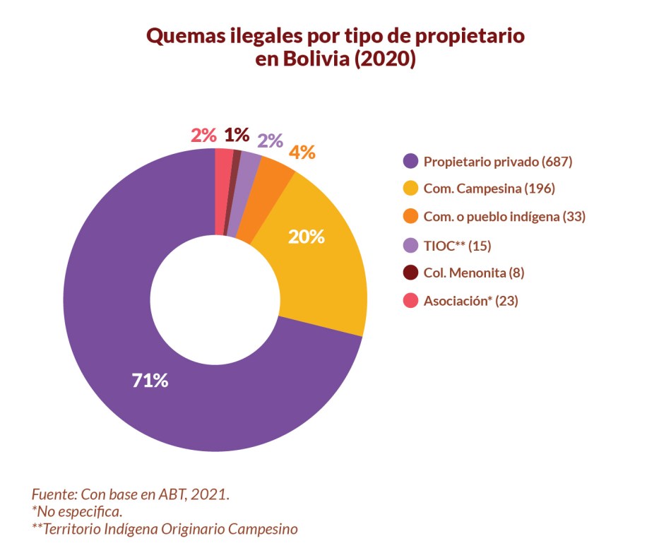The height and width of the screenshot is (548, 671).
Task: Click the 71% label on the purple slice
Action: coord(150,381)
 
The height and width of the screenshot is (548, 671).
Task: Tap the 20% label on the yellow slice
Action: coord(306,237)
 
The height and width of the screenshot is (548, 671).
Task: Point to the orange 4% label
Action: coord(301,153)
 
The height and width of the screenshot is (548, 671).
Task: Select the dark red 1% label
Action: coord(237,135)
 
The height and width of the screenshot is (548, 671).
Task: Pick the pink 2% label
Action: coord(203,135)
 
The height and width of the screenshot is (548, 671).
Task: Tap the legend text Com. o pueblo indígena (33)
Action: coord(504,217)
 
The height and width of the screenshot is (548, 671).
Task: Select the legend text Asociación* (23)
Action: coord(470,301)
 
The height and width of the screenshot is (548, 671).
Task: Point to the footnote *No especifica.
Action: coord(78,511)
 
